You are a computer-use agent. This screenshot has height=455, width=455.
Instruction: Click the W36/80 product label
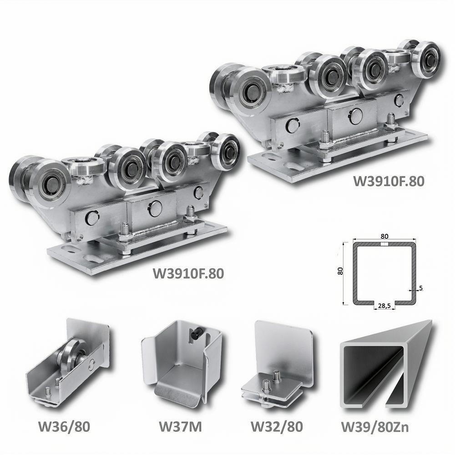(x=64, y=426)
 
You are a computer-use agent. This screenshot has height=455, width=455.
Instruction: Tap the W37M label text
(x=180, y=426)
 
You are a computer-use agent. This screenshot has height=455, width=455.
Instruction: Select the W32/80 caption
(x=277, y=426)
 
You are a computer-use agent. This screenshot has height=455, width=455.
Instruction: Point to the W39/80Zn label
(x=375, y=427)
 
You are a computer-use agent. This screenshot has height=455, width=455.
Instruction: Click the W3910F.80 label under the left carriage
(x=188, y=273)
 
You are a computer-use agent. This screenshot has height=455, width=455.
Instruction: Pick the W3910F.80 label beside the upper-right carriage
(x=389, y=181)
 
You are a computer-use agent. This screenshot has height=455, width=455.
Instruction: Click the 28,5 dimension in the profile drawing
(x=384, y=305)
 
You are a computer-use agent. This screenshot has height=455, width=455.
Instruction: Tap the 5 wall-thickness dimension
(x=421, y=288)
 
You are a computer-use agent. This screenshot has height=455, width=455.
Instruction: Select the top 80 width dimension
(x=384, y=236)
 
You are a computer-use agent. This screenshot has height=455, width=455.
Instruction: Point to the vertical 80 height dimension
(x=340, y=271)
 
